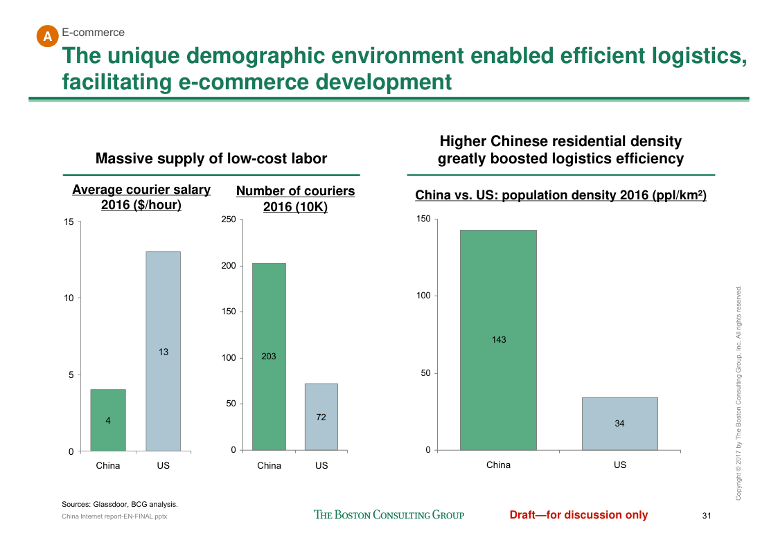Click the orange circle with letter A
46,36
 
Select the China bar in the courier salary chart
108,420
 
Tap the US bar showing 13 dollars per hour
163,352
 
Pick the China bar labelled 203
269,357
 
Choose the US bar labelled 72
321,417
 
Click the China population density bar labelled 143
498,340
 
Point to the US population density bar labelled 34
619,424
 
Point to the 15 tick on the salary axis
69,222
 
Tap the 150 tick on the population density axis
423,219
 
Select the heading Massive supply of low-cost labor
211,159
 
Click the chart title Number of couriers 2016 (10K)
295,199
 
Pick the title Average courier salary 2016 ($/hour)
141,197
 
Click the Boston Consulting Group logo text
389,514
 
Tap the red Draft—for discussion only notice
578,514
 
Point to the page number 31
707,515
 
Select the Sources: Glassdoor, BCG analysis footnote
120,504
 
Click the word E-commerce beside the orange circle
94,33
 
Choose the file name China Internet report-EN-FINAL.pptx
114,516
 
